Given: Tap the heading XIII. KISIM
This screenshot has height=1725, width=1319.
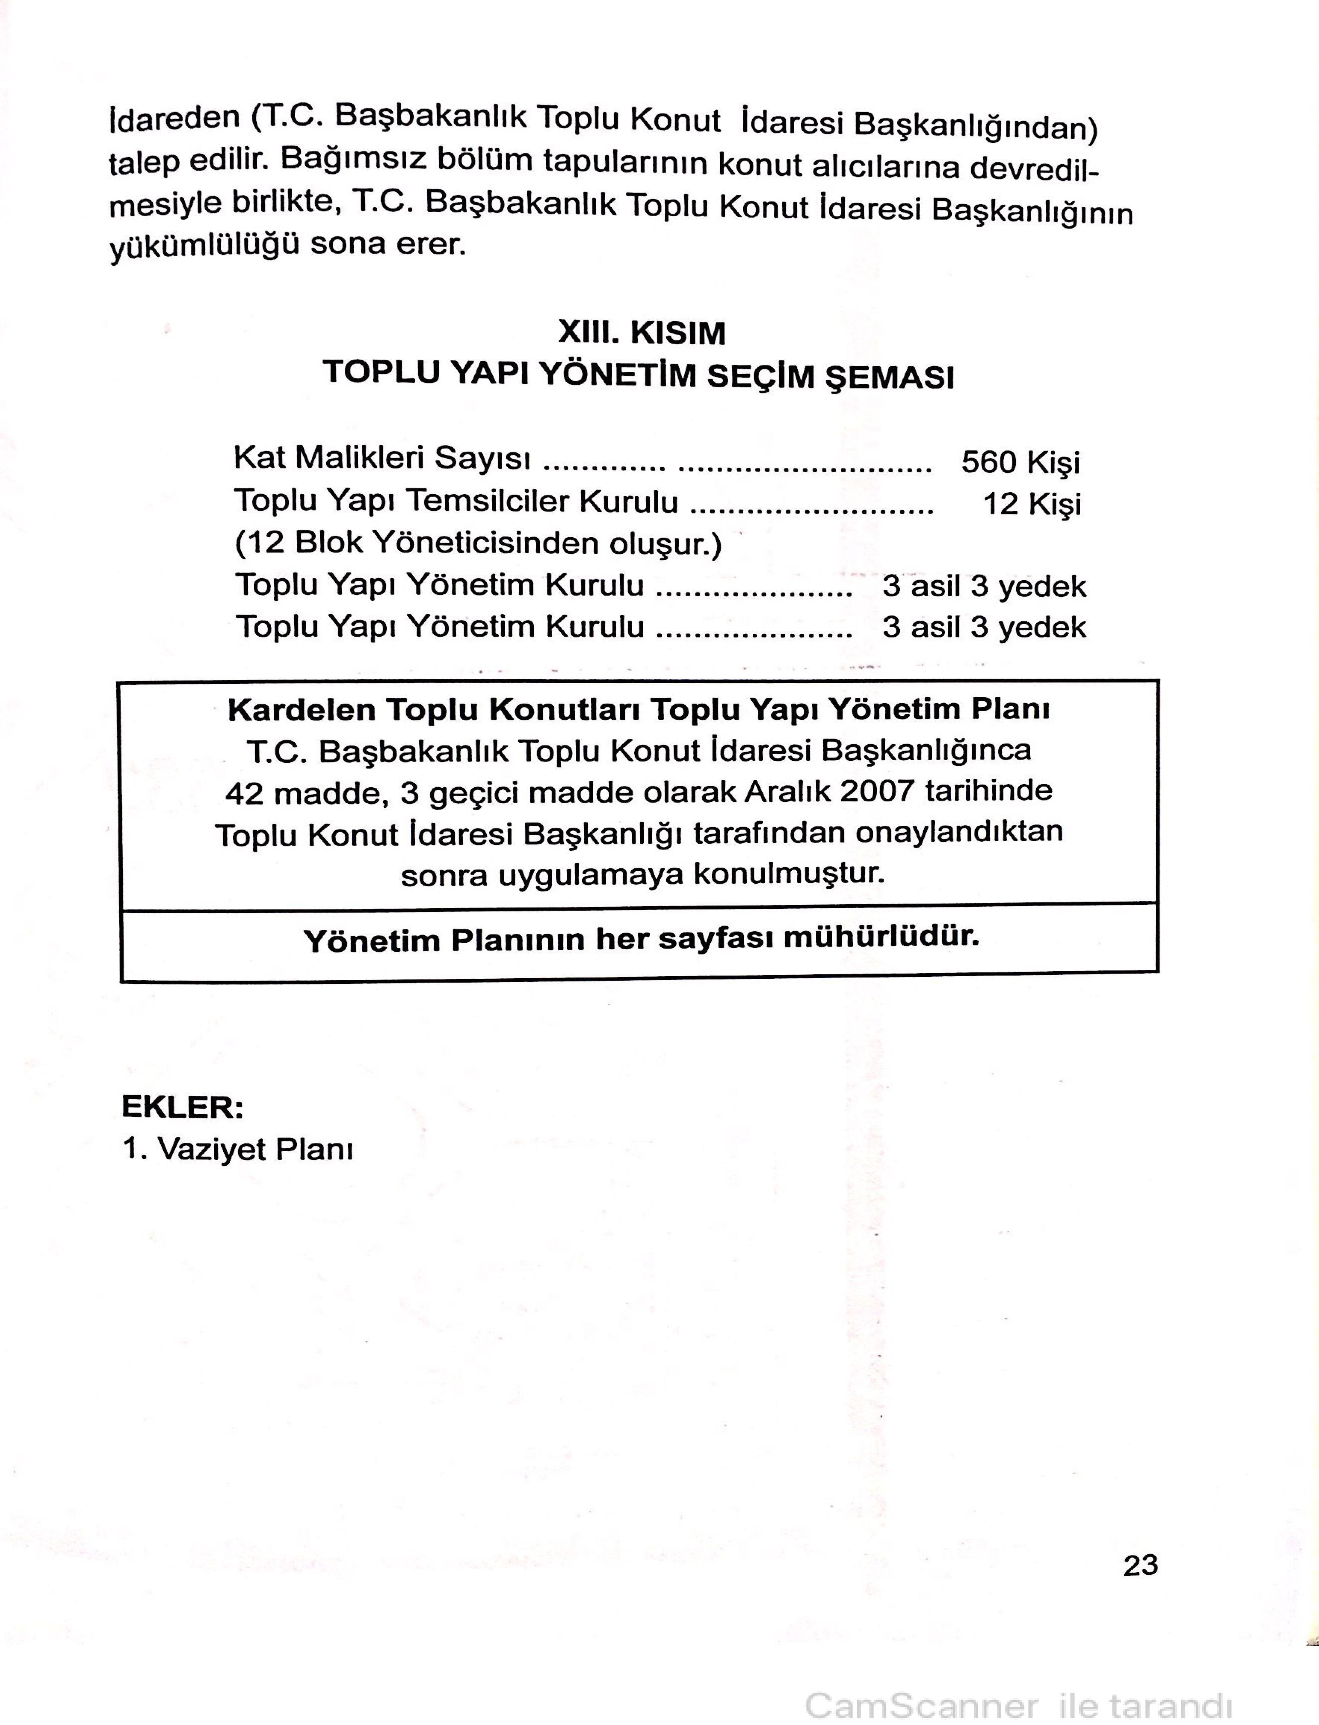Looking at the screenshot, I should coord(641,333).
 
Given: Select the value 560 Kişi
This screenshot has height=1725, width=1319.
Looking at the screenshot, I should coord(1020,462).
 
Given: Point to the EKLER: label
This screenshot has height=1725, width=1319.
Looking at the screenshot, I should coord(182,1107).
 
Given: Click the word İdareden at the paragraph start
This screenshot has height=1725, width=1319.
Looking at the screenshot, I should coord(175,118).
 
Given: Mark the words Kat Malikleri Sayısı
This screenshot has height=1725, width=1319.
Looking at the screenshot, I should coord(381,458).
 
